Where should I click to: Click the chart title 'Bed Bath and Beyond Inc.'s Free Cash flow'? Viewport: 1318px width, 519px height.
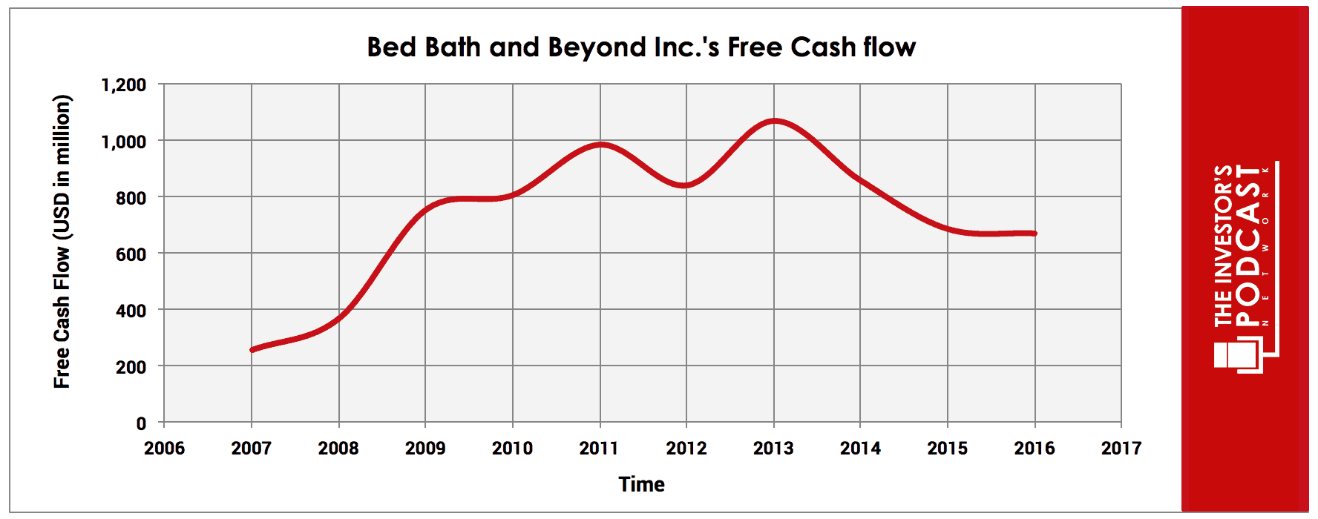641,47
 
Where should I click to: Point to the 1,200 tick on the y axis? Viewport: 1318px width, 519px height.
123,85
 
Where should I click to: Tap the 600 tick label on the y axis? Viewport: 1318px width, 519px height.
131,254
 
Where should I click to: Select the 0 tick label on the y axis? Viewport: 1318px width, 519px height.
141,423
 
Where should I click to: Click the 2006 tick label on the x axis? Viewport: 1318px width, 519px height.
164,448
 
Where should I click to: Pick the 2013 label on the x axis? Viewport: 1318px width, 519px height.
773,448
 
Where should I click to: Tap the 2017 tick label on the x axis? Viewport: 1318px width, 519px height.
1121,448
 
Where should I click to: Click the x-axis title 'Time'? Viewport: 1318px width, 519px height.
641,484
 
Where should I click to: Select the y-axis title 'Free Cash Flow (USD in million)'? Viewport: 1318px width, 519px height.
62,242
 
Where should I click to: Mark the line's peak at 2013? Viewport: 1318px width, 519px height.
774,120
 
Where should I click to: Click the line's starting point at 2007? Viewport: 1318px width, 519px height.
252,349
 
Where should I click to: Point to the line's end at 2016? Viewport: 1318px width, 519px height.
1035,234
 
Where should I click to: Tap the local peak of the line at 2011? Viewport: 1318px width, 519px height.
600,145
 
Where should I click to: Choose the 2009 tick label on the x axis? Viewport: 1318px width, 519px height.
425,448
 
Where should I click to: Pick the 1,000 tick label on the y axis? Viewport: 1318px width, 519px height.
123,141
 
